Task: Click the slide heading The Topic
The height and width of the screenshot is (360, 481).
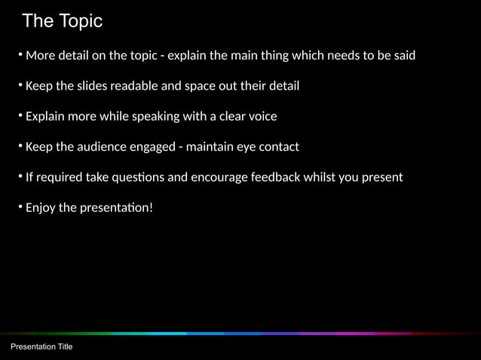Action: click(x=62, y=21)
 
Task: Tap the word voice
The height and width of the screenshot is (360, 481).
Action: click(x=262, y=117)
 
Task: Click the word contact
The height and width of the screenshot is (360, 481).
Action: click(x=278, y=147)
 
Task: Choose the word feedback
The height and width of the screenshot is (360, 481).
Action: click(x=274, y=177)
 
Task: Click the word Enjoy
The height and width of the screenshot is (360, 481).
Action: click(x=41, y=208)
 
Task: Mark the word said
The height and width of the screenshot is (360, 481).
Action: click(x=403, y=56)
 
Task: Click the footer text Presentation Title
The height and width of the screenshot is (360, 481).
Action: click(x=41, y=346)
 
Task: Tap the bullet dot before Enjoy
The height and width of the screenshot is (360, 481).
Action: click(x=20, y=206)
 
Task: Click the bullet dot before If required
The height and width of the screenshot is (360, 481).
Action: click(x=20, y=175)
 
